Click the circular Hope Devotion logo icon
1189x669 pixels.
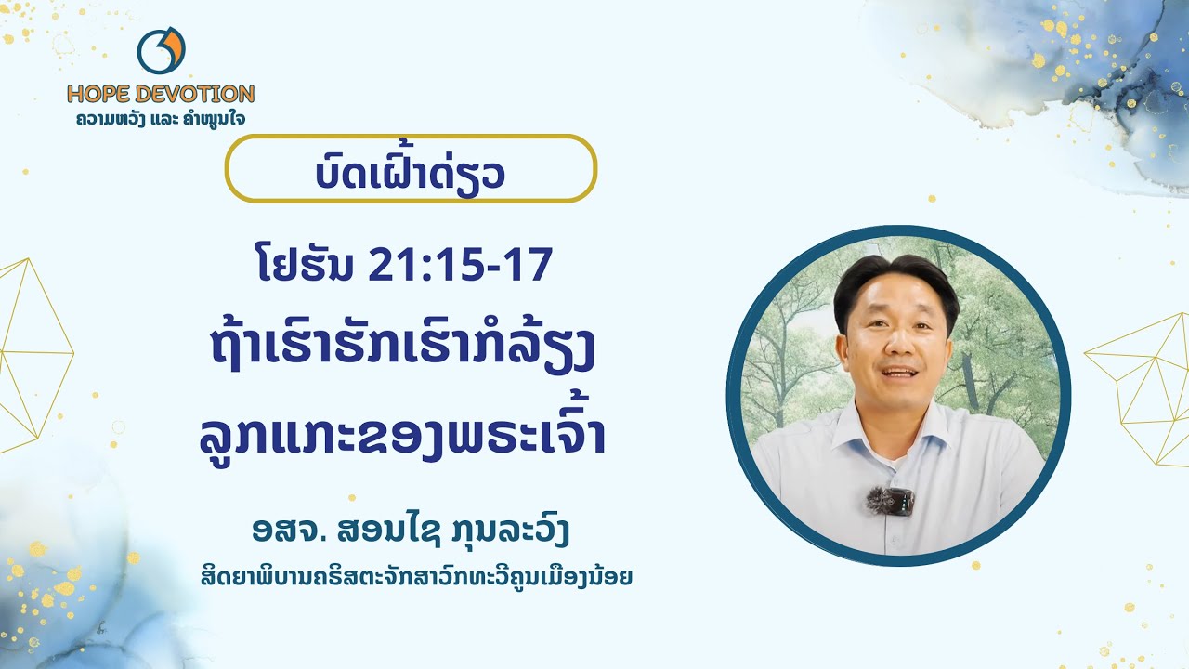161,51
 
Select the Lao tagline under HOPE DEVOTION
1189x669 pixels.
161,119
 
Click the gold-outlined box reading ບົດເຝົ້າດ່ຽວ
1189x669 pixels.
411,169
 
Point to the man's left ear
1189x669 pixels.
951,340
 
